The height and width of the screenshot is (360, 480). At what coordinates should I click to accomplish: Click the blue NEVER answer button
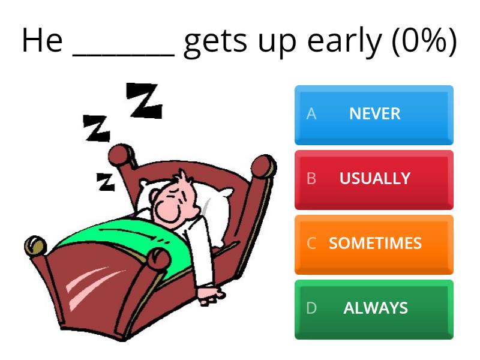pos(374,115)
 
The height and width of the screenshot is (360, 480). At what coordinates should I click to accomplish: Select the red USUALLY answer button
pos(374,180)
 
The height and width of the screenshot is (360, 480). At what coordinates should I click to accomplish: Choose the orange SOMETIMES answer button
pos(374,245)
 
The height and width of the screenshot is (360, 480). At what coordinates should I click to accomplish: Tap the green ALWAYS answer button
pos(374,310)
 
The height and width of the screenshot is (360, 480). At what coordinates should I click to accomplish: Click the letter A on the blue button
pos(311,114)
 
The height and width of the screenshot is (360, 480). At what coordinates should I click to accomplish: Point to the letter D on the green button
pos(311,308)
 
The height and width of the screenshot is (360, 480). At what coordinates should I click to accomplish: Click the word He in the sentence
pos(42,40)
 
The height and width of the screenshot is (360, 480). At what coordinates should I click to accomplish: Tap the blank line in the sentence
pos(124,55)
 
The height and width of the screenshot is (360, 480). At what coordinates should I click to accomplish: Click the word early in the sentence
pos(344,42)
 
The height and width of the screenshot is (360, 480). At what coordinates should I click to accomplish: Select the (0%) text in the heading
pos(424,41)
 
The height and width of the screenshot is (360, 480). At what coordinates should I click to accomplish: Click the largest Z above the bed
pos(144,100)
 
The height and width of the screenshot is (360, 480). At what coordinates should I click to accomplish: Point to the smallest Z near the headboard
pos(106,182)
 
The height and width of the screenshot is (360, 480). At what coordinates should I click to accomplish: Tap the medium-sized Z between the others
pos(97,128)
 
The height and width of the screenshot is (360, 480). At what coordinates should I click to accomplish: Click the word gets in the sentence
pos(215,43)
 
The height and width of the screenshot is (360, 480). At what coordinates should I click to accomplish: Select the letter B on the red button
pos(311,179)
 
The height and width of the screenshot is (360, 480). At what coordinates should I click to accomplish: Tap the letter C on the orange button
pos(311,244)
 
